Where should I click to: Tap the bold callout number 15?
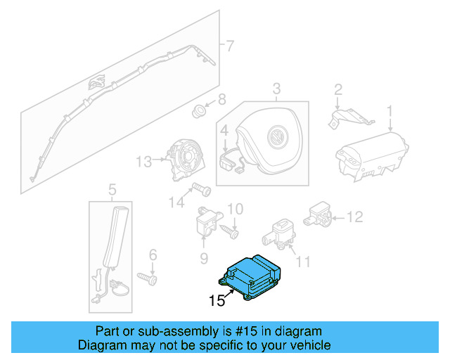tap(218, 302)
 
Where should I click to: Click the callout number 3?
tap(276, 89)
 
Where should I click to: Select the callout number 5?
tap(111, 189)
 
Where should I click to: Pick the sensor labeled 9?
tap(205, 222)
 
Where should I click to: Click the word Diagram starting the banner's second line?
tap(99, 345)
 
